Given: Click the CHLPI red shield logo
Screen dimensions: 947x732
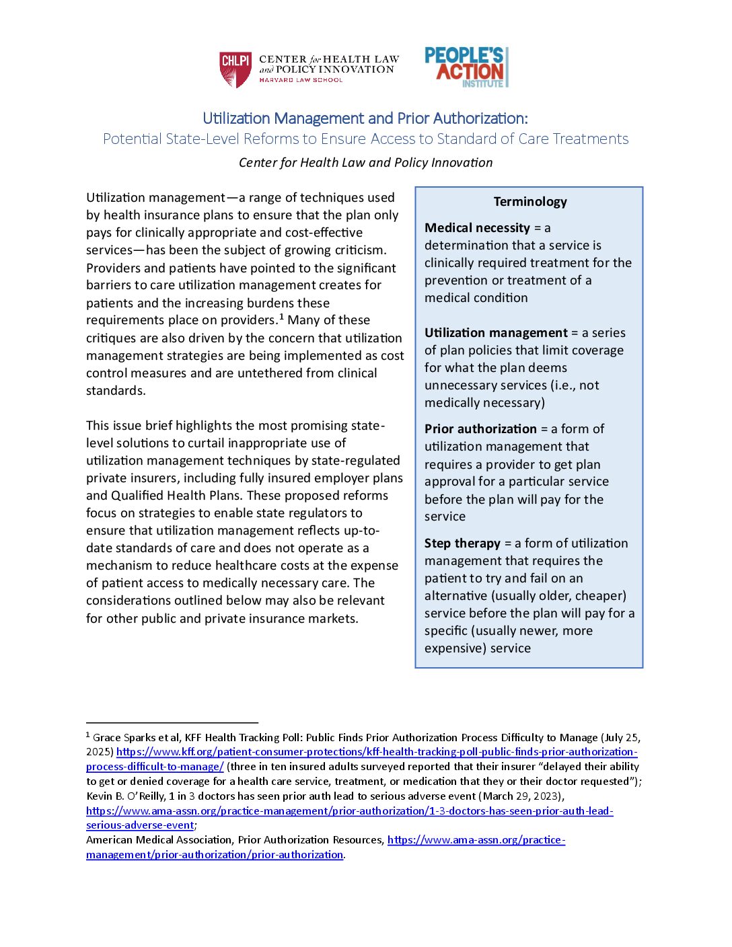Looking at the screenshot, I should (235, 69).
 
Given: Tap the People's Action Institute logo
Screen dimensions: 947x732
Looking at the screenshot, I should (466, 67).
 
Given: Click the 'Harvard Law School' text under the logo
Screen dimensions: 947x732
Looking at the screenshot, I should (301, 80).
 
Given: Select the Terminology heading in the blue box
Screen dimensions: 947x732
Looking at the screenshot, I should (530, 202).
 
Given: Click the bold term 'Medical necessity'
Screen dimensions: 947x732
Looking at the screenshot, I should (477, 228).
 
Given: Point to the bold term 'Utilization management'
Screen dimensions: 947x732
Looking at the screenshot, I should (496, 333).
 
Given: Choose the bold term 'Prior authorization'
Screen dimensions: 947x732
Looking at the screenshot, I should (480, 429).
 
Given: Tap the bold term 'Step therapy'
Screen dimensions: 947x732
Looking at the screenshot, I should (462, 543).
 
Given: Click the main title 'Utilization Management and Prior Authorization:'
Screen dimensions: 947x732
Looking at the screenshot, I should (365, 118).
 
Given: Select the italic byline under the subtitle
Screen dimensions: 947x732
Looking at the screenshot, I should (365, 163).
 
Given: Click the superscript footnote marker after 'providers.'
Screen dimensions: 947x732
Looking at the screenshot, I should (281, 317).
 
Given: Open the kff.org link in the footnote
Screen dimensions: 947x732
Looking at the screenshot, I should (376, 752).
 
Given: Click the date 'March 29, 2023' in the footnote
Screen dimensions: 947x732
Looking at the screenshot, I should (521, 796).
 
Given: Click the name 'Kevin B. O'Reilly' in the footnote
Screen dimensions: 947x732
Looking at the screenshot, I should (126, 796).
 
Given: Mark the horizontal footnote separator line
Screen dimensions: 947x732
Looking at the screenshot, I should (172, 722).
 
